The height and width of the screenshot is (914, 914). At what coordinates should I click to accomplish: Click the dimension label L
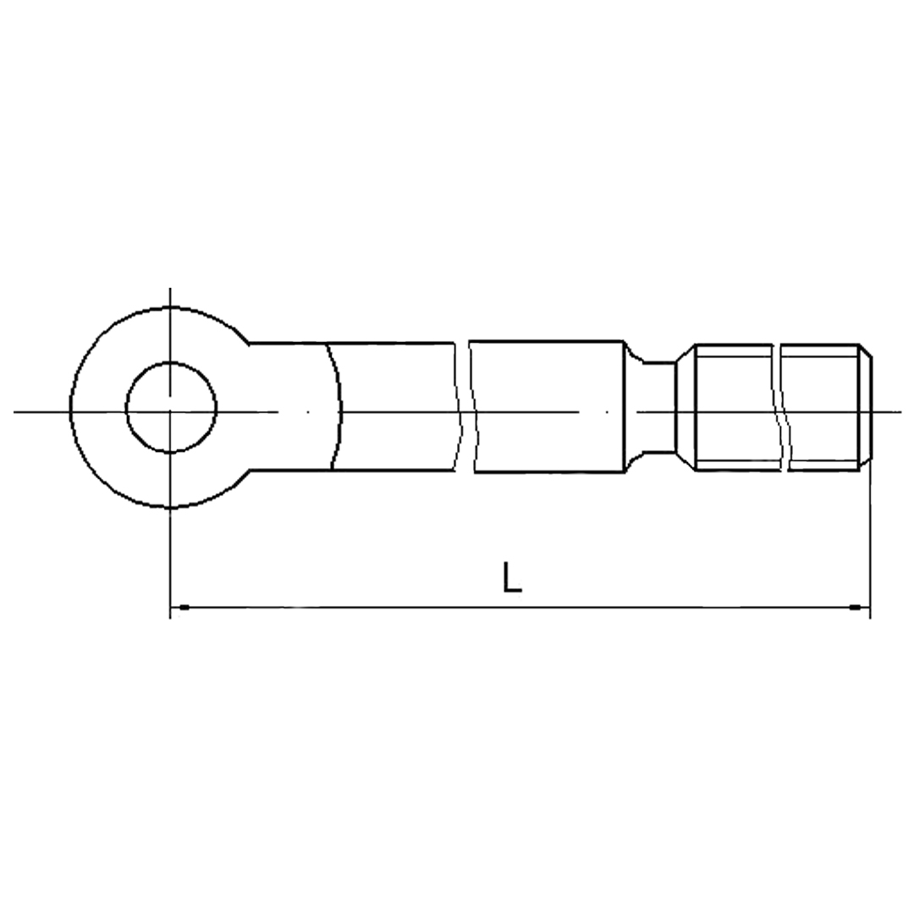pos(512,577)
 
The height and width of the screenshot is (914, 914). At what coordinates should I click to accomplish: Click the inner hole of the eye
pos(171,407)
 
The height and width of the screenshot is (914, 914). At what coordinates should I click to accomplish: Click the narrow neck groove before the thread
pos(658,406)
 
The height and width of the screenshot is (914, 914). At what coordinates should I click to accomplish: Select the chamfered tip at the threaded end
pos(865,406)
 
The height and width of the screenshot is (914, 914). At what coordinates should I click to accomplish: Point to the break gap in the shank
pos(465,406)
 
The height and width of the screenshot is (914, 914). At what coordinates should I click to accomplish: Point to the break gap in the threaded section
pos(781,407)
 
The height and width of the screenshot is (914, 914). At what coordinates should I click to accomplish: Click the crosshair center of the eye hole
pos(170,412)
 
